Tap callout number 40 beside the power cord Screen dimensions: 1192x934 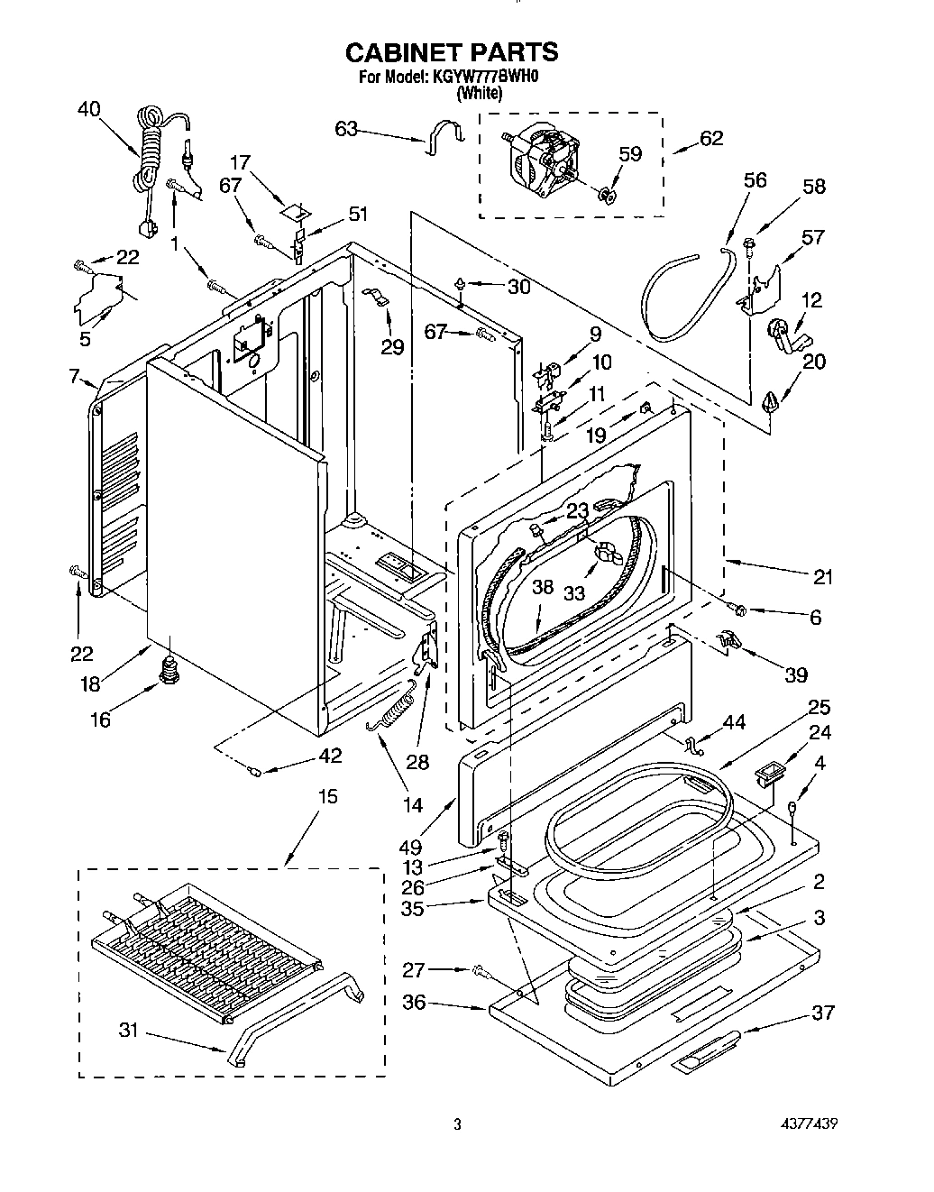88,109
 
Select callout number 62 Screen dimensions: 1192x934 711,139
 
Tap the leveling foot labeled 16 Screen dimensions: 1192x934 168,672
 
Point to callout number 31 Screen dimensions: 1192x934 129,1029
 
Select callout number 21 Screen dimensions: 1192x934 822,578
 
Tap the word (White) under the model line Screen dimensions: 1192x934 479,92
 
